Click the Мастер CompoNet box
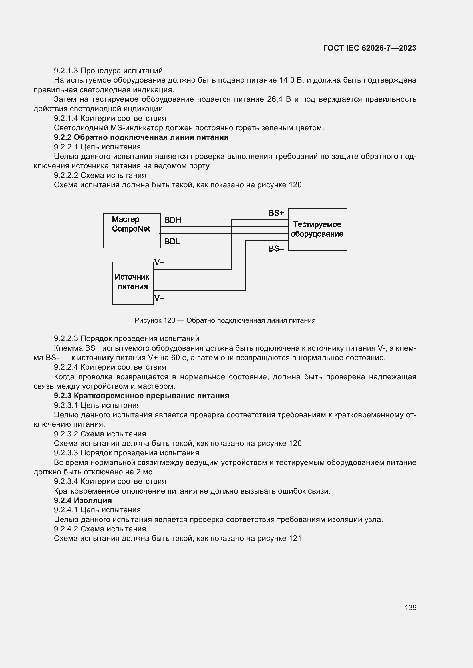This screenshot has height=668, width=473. point(132,230)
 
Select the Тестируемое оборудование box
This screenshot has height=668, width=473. point(317,229)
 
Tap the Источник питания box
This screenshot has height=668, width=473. point(133,283)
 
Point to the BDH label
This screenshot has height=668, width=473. point(173,220)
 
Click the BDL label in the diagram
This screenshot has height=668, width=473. point(172,242)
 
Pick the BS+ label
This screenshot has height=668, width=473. point(276,213)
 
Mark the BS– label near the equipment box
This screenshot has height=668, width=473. point(276,249)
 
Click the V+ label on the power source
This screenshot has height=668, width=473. point(159,262)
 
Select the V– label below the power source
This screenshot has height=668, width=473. point(159,298)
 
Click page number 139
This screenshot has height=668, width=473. point(410,607)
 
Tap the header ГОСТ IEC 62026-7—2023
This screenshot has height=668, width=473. point(369,48)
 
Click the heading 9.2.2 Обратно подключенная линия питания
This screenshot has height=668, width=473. point(141,137)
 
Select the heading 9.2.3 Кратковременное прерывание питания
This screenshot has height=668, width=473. point(142,396)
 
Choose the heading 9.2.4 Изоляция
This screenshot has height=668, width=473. point(83,500)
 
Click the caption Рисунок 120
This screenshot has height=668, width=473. point(225,320)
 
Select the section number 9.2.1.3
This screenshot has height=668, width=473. point(66,71)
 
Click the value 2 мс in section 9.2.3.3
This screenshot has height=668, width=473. point(145,472)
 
